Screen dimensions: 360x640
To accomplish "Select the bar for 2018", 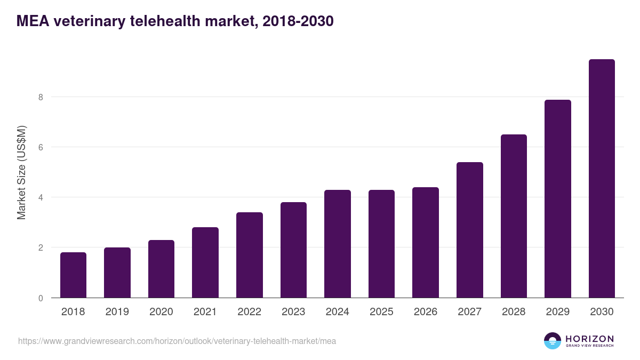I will coord(73,275).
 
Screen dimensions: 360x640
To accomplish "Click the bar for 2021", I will coord(205,262).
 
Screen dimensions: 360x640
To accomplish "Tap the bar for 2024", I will coord(338,244).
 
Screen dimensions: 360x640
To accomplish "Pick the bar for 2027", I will coord(470,230).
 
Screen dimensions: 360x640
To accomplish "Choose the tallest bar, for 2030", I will coord(602,179).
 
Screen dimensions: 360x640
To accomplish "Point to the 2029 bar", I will coord(558,199).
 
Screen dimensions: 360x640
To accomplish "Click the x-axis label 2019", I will coord(117,312).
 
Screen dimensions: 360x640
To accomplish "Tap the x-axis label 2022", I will coord(249,312).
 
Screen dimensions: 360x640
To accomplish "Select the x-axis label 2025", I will coord(381,312).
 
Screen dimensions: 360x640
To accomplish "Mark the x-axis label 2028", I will coord(514,312).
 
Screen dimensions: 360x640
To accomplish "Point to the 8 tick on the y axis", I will coord(40,97).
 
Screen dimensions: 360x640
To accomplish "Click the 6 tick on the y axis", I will coord(40,147).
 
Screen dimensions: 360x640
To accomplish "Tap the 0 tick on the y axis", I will coord(40,298).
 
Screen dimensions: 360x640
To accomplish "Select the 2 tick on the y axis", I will coord(40,247).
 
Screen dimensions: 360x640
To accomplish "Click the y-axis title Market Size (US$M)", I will coord(21,172).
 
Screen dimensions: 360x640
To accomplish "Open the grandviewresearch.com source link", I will coord(177,341).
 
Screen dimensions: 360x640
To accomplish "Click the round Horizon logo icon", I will coord(553,341).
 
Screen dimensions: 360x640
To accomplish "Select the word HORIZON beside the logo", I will coord(590,339).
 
